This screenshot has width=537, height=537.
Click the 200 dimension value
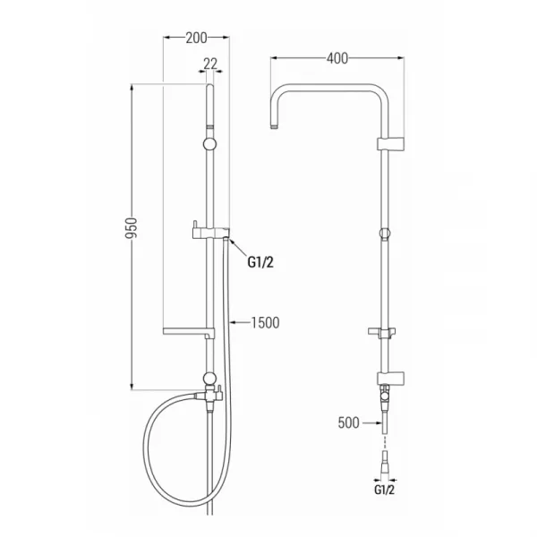196,38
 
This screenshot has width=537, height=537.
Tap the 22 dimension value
210,64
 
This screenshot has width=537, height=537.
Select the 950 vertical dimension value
132,228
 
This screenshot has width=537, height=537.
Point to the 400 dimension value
337,58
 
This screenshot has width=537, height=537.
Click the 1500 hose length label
266,322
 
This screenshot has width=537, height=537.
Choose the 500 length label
349,422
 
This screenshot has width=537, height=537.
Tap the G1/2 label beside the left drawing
260,262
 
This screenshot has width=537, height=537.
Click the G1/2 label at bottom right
384,490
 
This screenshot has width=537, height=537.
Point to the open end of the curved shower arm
274,128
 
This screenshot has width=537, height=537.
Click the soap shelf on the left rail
188,331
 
